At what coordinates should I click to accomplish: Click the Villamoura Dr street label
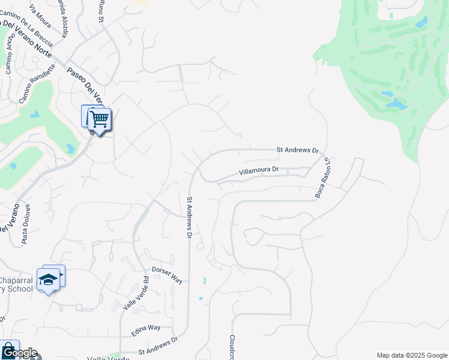click(259, 170)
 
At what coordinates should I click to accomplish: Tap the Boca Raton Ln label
click(323, 178)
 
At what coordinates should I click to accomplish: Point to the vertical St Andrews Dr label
click(189, 218)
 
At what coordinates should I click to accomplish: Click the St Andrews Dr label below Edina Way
click(158, 346)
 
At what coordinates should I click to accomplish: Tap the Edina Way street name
click(146, 328)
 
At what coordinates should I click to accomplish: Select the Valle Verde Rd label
click(136, 293)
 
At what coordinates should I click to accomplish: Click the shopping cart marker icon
click(99, 119)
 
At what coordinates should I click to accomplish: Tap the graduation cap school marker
click(49, 280)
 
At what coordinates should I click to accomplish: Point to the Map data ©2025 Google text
click(412, 355)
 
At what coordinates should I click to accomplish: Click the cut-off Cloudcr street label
click(231, 347)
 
